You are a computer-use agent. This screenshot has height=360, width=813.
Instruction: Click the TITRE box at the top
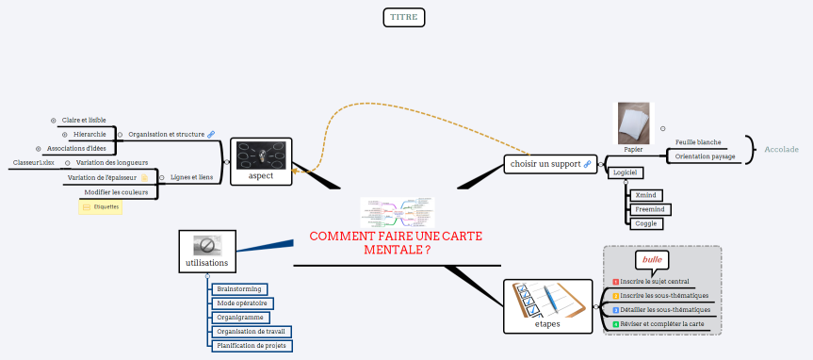coord(405,17)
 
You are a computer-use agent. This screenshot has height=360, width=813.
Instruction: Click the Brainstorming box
coord(239,288)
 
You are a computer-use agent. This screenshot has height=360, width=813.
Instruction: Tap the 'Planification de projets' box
coord(252,346)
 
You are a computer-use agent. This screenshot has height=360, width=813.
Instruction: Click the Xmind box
coord(645,195)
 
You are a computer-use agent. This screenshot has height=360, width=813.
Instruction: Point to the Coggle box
coord(645,223)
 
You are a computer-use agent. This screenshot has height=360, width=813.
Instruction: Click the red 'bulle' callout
coord(652,259)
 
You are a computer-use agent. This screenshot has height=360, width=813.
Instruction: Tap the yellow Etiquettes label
coord(100,206)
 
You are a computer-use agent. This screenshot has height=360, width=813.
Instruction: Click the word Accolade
coord(781,149)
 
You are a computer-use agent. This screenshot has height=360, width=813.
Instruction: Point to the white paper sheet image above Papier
coord(633,123)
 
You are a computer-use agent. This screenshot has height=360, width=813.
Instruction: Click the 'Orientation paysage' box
coord(705,156)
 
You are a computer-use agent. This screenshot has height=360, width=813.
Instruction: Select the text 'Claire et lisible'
coord(83,121)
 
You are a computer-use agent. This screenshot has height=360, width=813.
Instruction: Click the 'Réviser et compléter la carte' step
coord(661,324)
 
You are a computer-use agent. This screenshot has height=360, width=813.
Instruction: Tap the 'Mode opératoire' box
coord(241,303)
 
